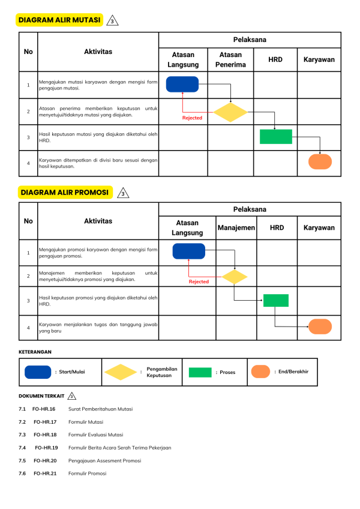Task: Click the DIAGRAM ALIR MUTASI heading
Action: point(59,20)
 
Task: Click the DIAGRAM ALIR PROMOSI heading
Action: point(65,192)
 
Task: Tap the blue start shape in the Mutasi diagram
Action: point(182,85)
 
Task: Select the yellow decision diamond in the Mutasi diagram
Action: point(230,112)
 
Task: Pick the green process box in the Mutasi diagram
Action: point(276,137)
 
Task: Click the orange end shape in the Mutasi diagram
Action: point(320,162)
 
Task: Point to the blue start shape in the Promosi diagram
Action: point(188,251)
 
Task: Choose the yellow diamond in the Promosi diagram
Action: point(235,277)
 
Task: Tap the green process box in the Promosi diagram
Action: point(276,300)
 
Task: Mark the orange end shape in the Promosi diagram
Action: point(320,327)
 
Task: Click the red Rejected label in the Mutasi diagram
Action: point(192,118)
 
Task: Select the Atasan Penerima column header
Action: point(230,59)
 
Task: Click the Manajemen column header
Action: point(236,228)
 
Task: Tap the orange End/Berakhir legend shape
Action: point(260,372)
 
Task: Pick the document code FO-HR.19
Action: point(46,447)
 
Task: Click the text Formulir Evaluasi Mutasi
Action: point(95,435)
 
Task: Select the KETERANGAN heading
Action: point(35,351)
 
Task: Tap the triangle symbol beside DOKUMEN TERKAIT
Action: point(72,396)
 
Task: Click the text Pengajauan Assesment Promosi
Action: point(104,460)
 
